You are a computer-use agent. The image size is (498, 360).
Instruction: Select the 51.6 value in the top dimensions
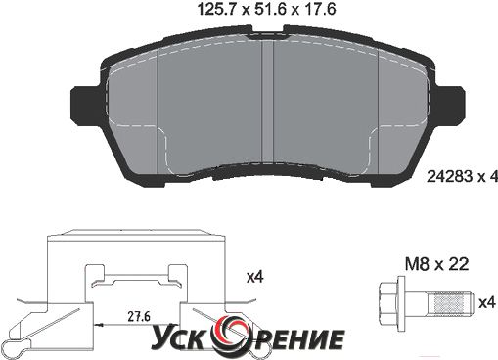(x=272, y=9)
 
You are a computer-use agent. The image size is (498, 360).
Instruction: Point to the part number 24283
(x=450, y=177)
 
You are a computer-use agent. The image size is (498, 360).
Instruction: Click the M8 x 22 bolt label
(x=436, y=264)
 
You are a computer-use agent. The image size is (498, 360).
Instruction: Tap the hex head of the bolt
(x=387, y=304)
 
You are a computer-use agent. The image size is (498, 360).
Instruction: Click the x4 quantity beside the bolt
(x=487, y=303)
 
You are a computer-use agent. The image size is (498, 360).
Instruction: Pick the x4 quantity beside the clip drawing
(x=254, y=277)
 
